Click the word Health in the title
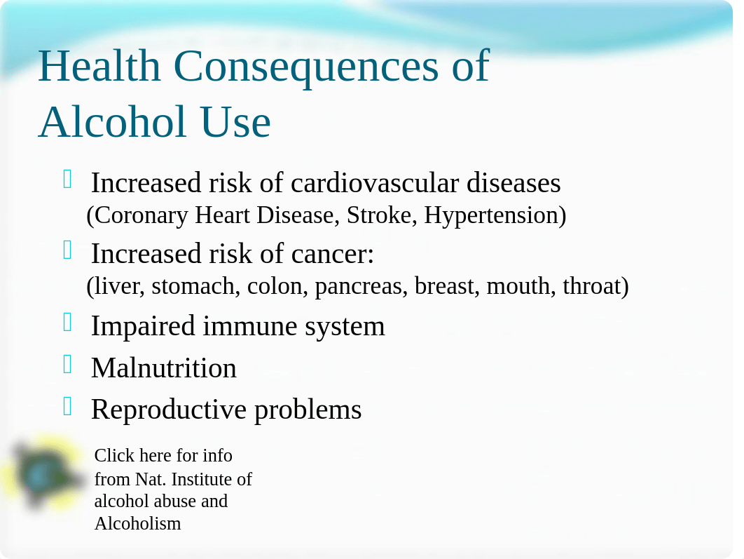[x=99, y=66]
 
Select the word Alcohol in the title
[x=112, y=122]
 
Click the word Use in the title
[x=235, y=123]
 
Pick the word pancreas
[x=358, y=287]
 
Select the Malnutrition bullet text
[x=164, y=368]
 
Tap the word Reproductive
[x=168, y=410]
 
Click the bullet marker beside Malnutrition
[x=67, y=364]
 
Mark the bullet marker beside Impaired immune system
[x=67, y=322]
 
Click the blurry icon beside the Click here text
[x=42, y=473]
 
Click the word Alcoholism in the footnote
[x=137, y=524]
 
